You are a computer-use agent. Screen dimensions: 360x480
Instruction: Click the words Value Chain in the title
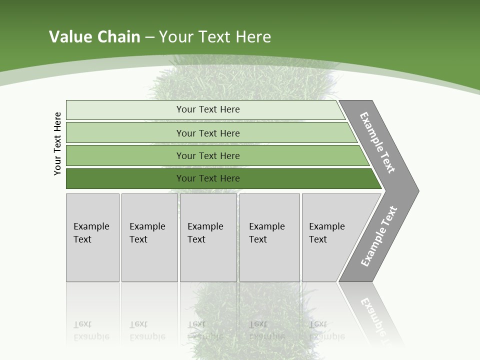point(94,37)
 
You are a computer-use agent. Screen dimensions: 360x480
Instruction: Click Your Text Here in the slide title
point(215,37)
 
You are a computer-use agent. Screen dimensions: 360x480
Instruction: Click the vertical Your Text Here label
point(57,144)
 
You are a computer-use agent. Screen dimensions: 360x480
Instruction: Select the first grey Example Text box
point(92,237)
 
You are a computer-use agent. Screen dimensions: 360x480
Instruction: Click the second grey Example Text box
point(149,237)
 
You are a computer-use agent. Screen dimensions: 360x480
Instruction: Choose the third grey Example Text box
point(208,237)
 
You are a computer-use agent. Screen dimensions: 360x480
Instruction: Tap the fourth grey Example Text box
point(269,237)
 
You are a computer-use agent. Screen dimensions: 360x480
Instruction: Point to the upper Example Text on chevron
point(377,142)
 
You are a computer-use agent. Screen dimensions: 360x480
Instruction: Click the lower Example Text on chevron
point(378,236)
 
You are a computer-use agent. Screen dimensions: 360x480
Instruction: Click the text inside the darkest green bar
point(208,178)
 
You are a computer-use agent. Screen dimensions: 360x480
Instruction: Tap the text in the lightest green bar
point(208,109)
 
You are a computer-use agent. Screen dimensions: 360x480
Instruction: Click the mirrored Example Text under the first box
point(91,331)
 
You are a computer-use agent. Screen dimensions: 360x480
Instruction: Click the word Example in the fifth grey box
point(326,226)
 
